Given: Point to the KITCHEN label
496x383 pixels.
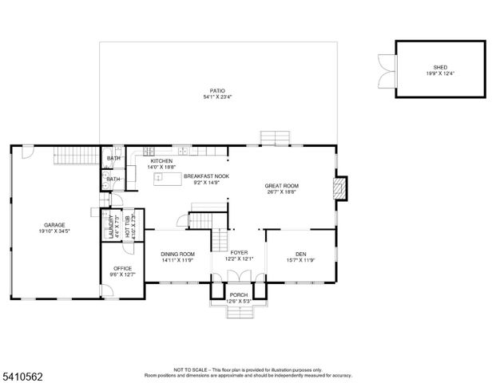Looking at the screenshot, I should point(161,161).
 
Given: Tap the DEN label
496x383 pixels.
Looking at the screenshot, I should point(300,254).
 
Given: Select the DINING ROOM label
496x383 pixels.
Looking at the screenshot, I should point(178,254).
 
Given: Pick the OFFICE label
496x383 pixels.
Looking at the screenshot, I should point(122,268).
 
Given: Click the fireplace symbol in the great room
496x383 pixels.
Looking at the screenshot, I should point(339,188).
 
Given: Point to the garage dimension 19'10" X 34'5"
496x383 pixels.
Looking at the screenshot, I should point(54,231).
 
